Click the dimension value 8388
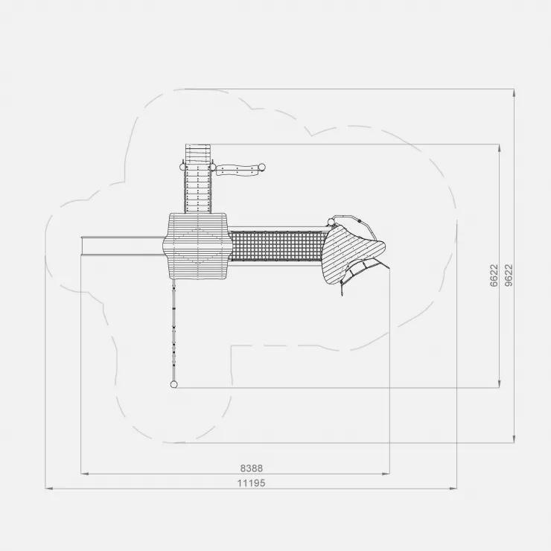point(251,468)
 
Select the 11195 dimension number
point(251,483)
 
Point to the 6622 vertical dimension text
point(494,275)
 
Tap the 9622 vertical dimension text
point(509,275)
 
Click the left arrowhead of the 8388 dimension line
point(85,474)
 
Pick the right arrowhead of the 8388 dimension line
point(386,474)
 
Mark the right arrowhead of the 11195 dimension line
point(453,488)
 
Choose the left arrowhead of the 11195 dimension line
point(49,488)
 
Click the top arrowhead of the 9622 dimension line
point(515,93)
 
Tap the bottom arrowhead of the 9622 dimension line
point(515,439)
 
